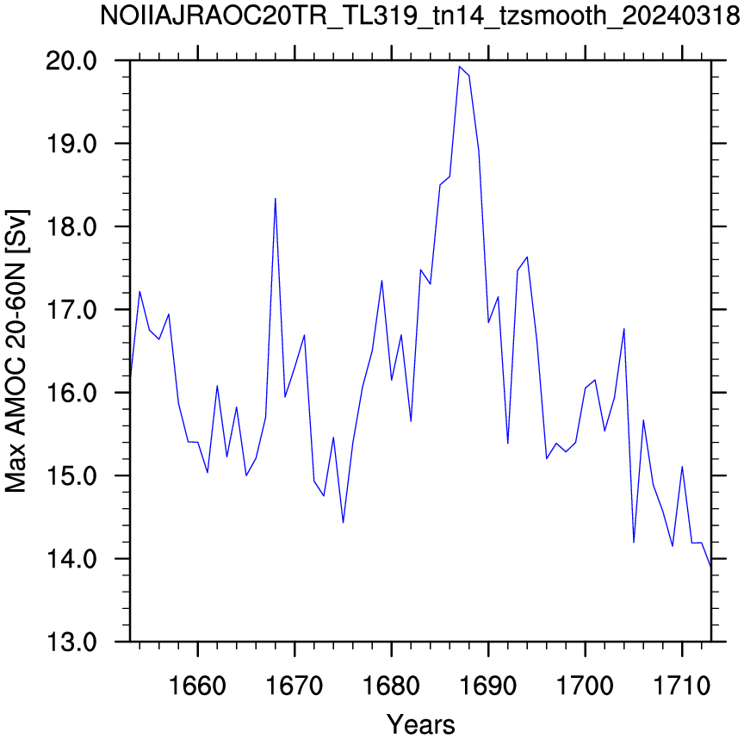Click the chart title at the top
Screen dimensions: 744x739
point(420,16)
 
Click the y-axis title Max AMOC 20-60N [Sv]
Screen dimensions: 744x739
point(15,351)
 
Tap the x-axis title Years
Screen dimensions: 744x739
point(421,724)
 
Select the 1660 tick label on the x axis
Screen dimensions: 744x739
point(197,686)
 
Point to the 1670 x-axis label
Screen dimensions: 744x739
point(294,686)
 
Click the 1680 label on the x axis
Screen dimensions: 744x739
point(392,686)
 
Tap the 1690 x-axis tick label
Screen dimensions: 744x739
point(488,686)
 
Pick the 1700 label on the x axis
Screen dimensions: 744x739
point(585,686)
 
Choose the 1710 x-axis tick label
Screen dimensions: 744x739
point(682,686)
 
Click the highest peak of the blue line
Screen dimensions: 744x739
point(459,66)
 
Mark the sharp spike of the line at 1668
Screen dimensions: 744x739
point(276,198)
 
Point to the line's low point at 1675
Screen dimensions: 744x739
point(343,523)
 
